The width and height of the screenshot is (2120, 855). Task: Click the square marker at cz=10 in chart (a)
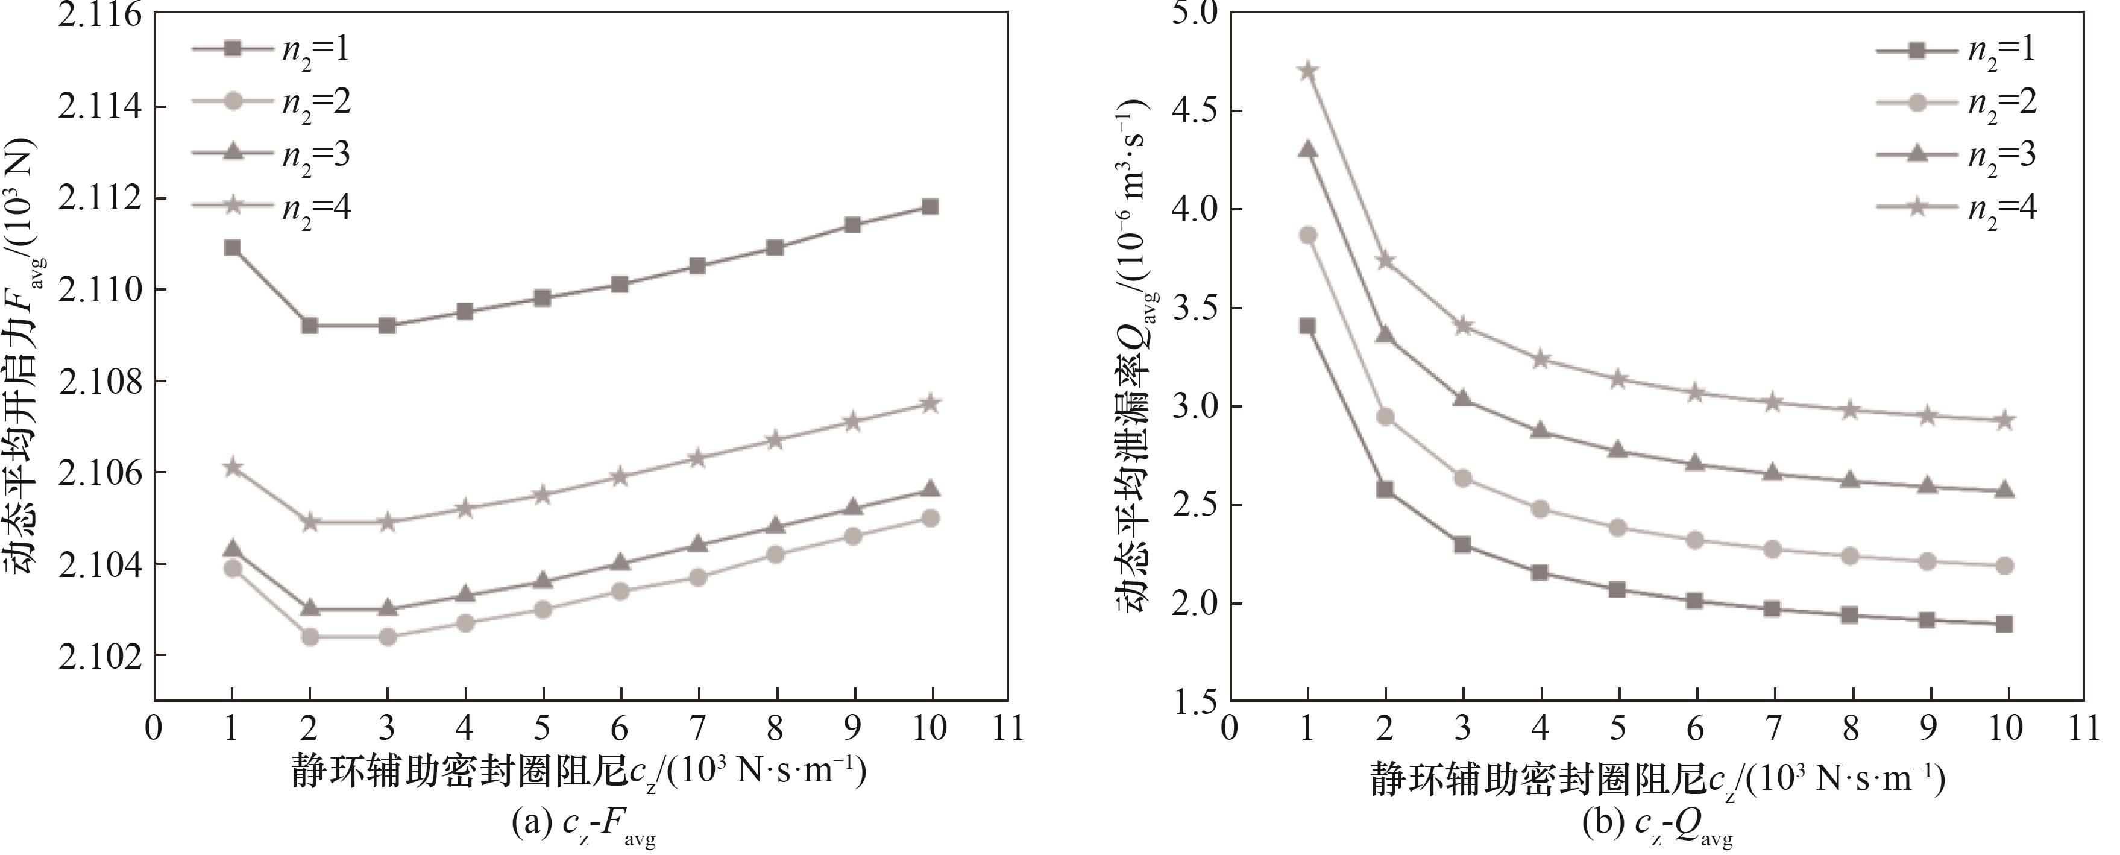click(930, 207)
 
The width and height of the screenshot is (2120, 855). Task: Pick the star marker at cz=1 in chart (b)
click(1307, 71)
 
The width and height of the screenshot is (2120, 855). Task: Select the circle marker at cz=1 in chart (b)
click(1307, 235)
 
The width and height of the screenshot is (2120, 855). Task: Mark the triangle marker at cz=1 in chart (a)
click(232, 548)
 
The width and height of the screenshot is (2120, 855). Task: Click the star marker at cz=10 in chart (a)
click(930, 403)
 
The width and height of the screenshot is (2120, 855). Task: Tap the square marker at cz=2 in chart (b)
click(1385, 490)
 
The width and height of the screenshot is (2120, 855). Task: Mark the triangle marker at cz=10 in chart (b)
click(2005, 490)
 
